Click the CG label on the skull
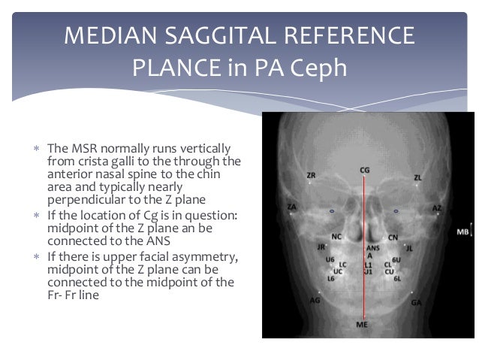click(365, 171)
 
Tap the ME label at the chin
click(363, 325)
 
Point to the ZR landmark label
click(312, 175)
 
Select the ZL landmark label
click(418, 177)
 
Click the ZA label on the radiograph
click(291, 206)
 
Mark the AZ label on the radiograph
click(437, 207)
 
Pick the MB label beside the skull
click(462, 232)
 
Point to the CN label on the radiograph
click(392, 237)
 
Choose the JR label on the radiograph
click(321, 246)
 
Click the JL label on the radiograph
click(410, 247)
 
